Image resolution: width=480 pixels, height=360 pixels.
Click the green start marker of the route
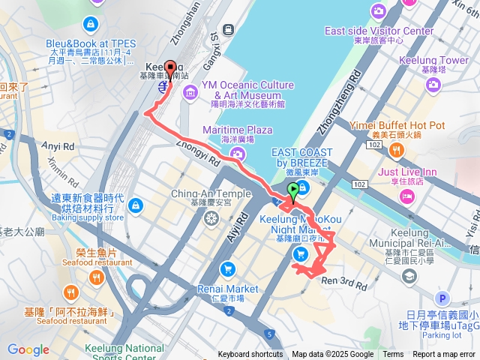pos(292,190)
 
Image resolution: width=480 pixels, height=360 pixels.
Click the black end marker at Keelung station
pos(169,68)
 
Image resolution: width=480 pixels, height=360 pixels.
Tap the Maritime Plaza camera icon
pos(238,154)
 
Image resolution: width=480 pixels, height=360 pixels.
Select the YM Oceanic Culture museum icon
pos(190,92)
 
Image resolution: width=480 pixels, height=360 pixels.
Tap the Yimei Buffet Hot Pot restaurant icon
pos(397,150)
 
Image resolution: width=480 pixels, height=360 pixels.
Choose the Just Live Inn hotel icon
pos(407,196)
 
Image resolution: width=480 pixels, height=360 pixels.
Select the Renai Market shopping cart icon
pos(227,268)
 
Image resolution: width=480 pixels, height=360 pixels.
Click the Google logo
pos(28,349)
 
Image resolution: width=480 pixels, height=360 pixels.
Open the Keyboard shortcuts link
pos(250,355)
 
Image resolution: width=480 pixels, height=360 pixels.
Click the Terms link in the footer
pos(393,355)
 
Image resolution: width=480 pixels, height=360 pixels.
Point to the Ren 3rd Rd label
pos(343,283)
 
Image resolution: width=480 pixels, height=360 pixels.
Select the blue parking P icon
pos(442,298)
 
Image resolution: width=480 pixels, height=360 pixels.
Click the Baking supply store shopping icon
pos(136,204)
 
